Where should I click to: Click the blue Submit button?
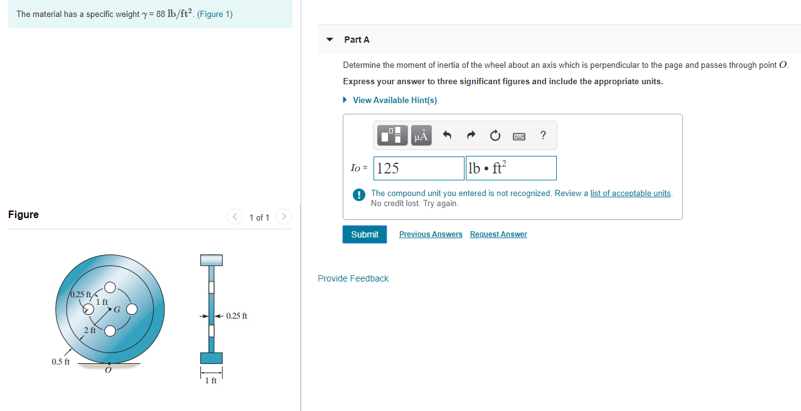pyautogui.click(x=364, y=234)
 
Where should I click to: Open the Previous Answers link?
pyautogui.click(x=431, y=234)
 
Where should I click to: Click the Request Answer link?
pyautogui.click(x=498, y=234)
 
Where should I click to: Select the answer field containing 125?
pyautogui.click(x=419, y=168)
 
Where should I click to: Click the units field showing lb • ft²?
pyautogui.click(x=511, y=168)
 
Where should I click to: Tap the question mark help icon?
pyautogui.click(x=543, y=135)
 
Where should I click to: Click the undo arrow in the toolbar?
pyautogui.click(x=447, y=135)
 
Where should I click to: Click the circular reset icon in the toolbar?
pyautogui.click(x=495, y=135)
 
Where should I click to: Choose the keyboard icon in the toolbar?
pyautogui.click(x=519, y=136)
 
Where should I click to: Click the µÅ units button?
pyautogui.click(x=421, y=135)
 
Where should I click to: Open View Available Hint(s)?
pyautogui.click(x=394, y=100)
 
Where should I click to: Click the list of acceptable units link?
pyautogui.click(x=630, y=193)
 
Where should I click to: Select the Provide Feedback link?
pyautogui.click(x=353, y=278)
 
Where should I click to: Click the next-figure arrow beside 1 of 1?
pyautogui.click(x=284, y=217)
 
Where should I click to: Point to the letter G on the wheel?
pyautogui.click(x=117, y=309)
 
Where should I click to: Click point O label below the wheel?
pyautogui.click(x=108, y=370)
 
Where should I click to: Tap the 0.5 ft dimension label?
pyautogui.click(x=60, y=362)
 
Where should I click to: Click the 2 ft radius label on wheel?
pyautogui.click(x=90, y=330)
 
